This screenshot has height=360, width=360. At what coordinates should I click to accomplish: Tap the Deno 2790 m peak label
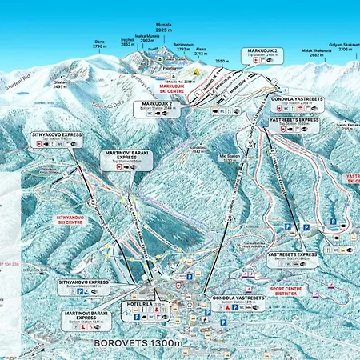pos(99,45)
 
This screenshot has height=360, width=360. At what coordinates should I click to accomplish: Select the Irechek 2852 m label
pos(127,42)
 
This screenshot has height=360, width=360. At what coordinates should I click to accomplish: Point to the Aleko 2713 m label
pos(201,50)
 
